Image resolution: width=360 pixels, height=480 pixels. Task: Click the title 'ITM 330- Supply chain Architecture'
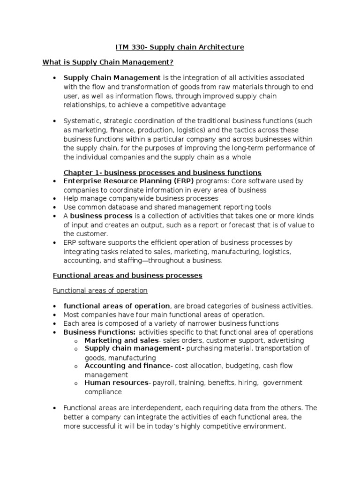pos(180,47)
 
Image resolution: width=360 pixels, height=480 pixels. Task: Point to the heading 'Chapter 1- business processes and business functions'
pos(162,172)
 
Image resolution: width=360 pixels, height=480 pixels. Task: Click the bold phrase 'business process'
pos(101,216)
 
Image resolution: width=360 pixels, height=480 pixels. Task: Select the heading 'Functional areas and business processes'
pos(127,276)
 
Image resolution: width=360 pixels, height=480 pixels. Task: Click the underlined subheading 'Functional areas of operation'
pos(100,291)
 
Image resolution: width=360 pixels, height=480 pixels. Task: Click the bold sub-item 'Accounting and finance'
pos(127,366)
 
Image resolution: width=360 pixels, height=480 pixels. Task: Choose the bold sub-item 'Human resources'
pos(116,383)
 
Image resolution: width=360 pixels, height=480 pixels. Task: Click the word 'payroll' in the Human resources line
pos(163,383)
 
